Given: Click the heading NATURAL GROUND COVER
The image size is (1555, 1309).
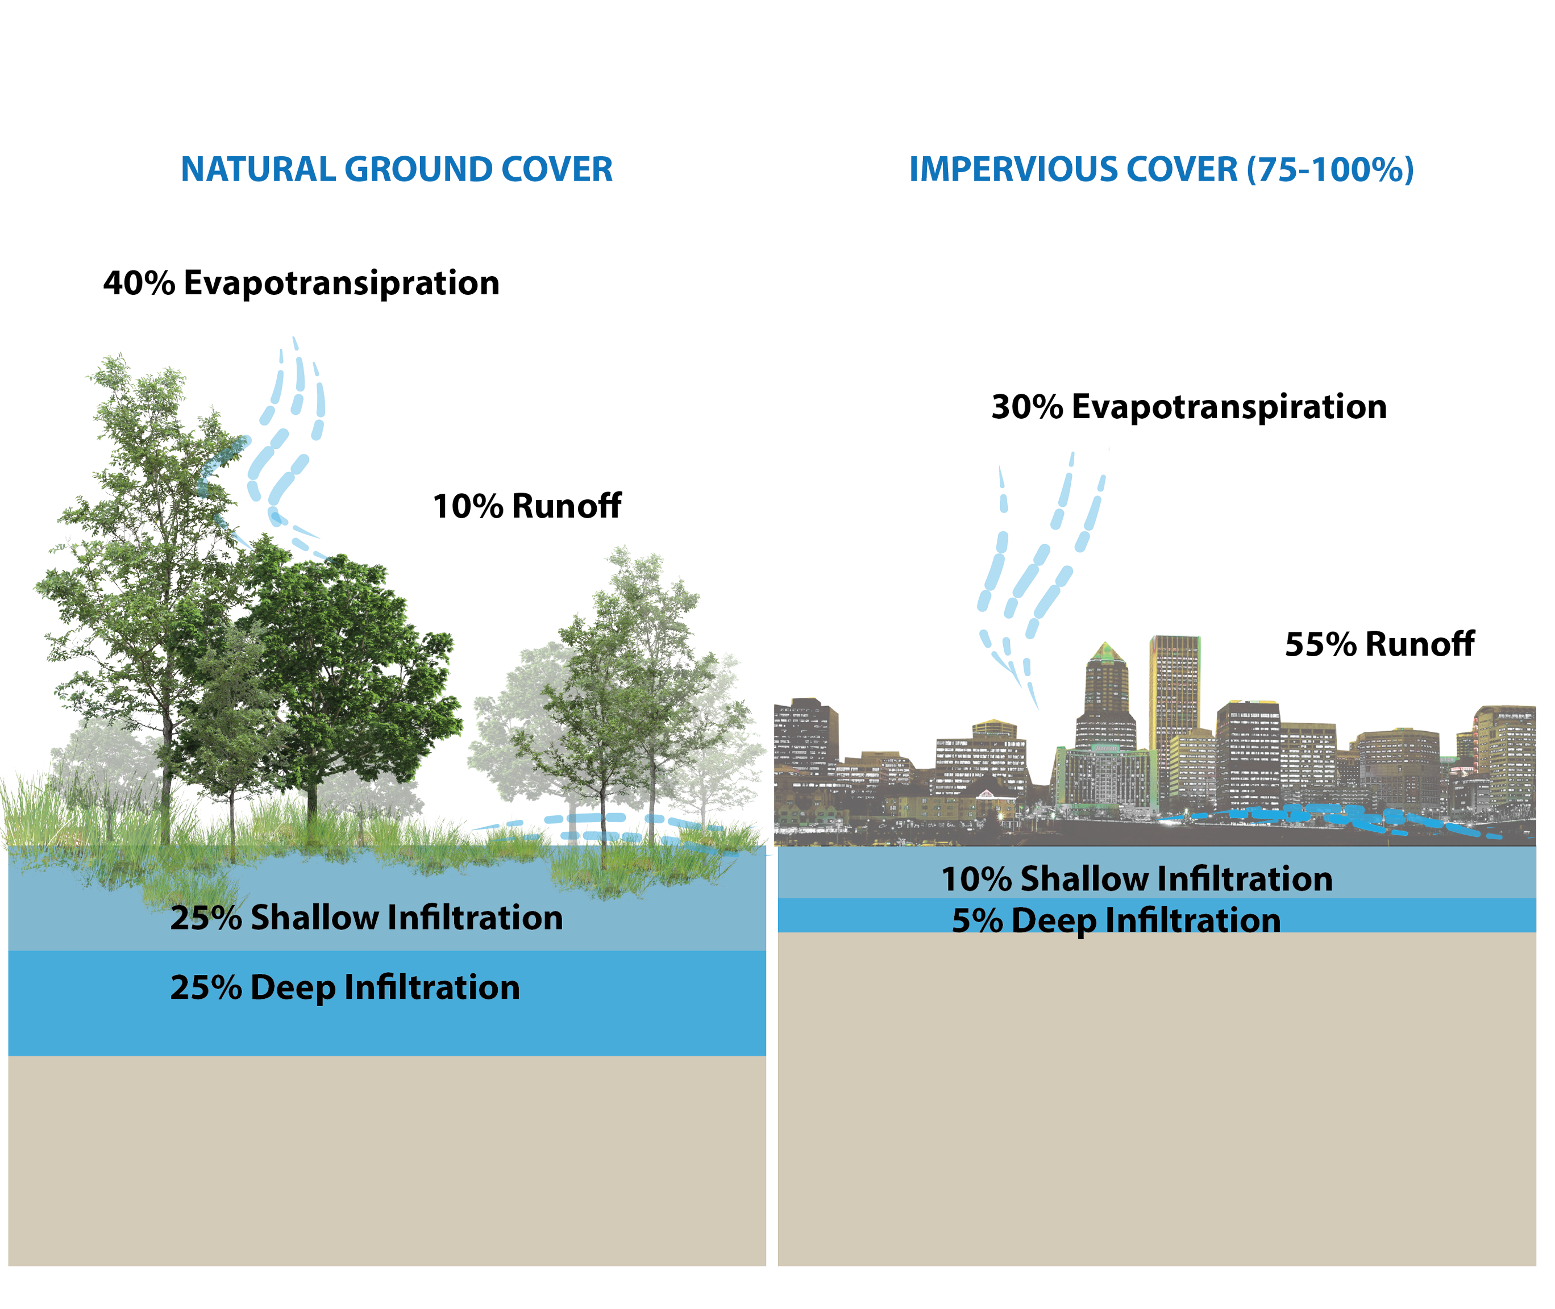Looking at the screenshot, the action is tap(396, 169).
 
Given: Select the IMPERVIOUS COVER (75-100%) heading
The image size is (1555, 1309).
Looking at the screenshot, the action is tap(1161, 169).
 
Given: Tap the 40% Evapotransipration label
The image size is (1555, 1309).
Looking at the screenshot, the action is tap(301, 283).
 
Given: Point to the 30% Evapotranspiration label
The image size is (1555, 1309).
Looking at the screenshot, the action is tap(1189, 407).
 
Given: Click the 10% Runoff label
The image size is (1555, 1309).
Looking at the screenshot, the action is tap(527, 506).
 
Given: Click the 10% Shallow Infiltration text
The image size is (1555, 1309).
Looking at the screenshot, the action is tap(1136, 878).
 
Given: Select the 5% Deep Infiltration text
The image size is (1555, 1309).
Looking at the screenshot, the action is tap(1116, 921).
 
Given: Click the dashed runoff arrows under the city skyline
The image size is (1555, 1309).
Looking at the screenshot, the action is tap(1329, 819).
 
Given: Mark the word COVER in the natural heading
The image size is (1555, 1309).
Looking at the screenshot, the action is tap(556, 169).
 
